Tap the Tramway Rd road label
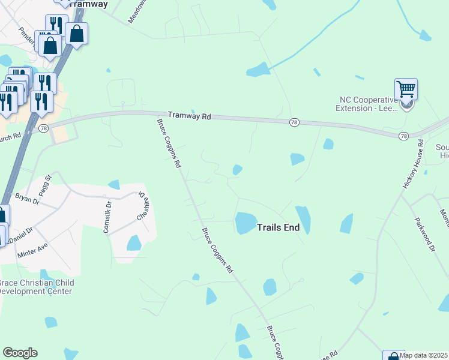tap(190, 115)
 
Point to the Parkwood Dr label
tap(424, 235)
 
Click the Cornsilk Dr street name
tap(108, 217)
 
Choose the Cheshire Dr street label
tap(142, 207)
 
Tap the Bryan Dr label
tap(27, 199)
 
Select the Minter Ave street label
tap(33, 249)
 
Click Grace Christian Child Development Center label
tap(36, 287)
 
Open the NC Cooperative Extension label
tap(367, 104)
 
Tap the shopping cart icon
tap(406, 90)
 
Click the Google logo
tap(20, 353)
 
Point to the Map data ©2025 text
tap(424, 355)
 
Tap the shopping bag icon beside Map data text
tap(393, 356)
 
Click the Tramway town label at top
tap(88, 4)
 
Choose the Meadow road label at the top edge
tap(137, 11)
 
